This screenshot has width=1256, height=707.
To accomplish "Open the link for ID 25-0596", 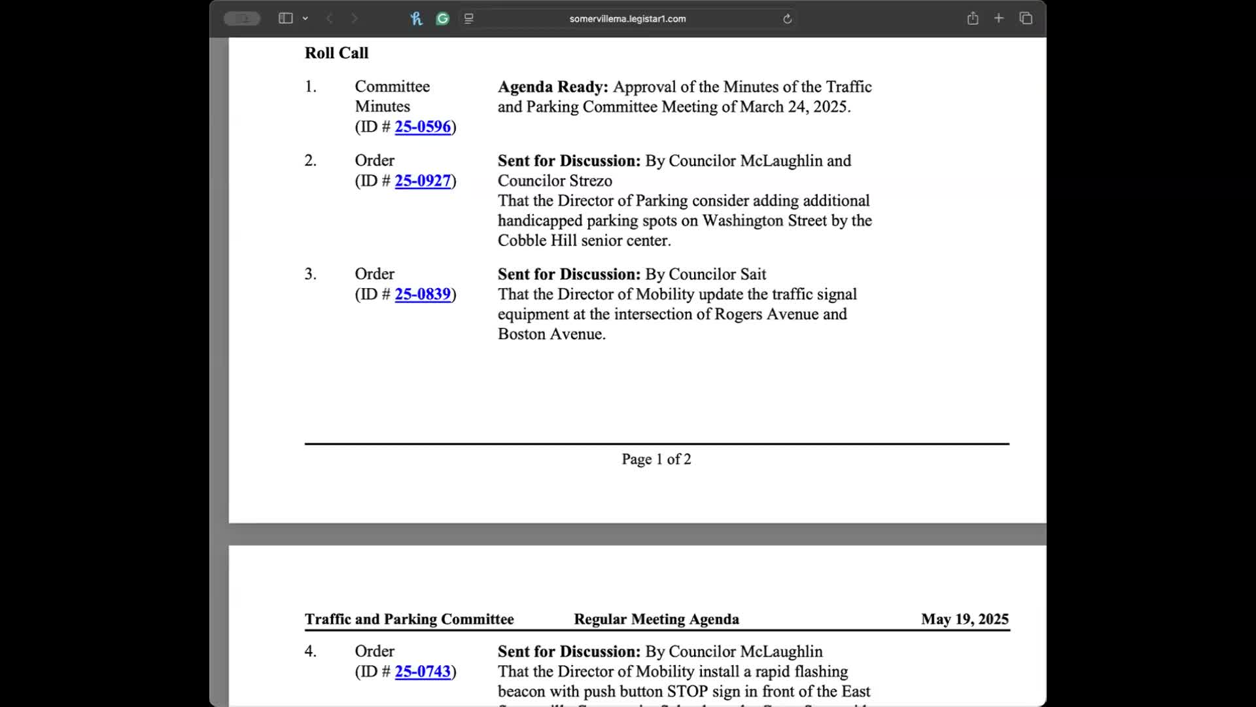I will click(423, 126).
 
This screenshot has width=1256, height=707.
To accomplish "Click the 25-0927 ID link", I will click(423, 181).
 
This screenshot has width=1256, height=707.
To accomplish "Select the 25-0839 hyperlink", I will click(423, 294).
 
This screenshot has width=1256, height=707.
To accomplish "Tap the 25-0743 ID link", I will click(423, 671).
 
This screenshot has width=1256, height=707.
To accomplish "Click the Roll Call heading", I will click(336, 53).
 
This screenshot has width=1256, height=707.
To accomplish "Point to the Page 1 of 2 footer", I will click(656, 459).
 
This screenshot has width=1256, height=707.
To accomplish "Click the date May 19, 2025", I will click(964, 619).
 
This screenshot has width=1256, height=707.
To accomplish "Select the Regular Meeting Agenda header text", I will click(656, 619).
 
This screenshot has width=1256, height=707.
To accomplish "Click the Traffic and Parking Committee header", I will click(409, 619).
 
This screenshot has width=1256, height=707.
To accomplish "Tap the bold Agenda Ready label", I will click(553, 87).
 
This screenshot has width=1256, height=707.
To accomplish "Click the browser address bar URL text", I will click(627, 19).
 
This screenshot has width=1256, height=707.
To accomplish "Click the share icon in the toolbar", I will click(973, 18).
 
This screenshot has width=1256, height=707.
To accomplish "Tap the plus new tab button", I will click(999, 18).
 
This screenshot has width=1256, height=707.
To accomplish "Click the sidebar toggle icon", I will click(285, 18).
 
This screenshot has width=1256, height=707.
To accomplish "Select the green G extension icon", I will click(443, 19).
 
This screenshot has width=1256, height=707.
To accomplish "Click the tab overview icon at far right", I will click(1026, 18).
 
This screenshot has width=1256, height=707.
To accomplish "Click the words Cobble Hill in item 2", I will click(537, 240).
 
